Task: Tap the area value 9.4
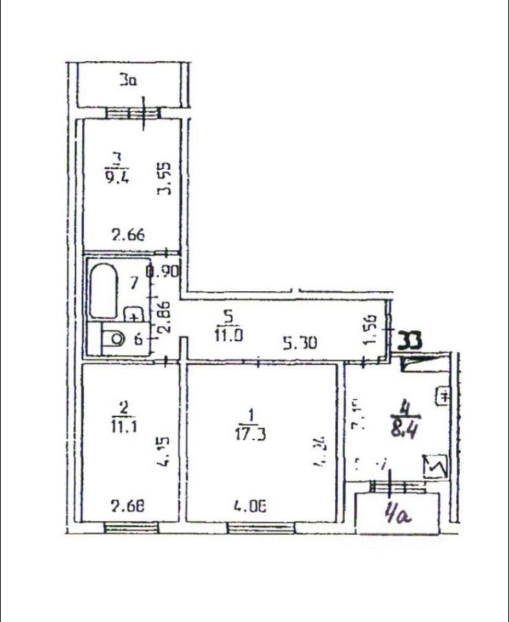click(x=117, y=176)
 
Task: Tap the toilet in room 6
click(x=115, y=338)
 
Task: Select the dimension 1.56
click(x=372, y=330)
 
